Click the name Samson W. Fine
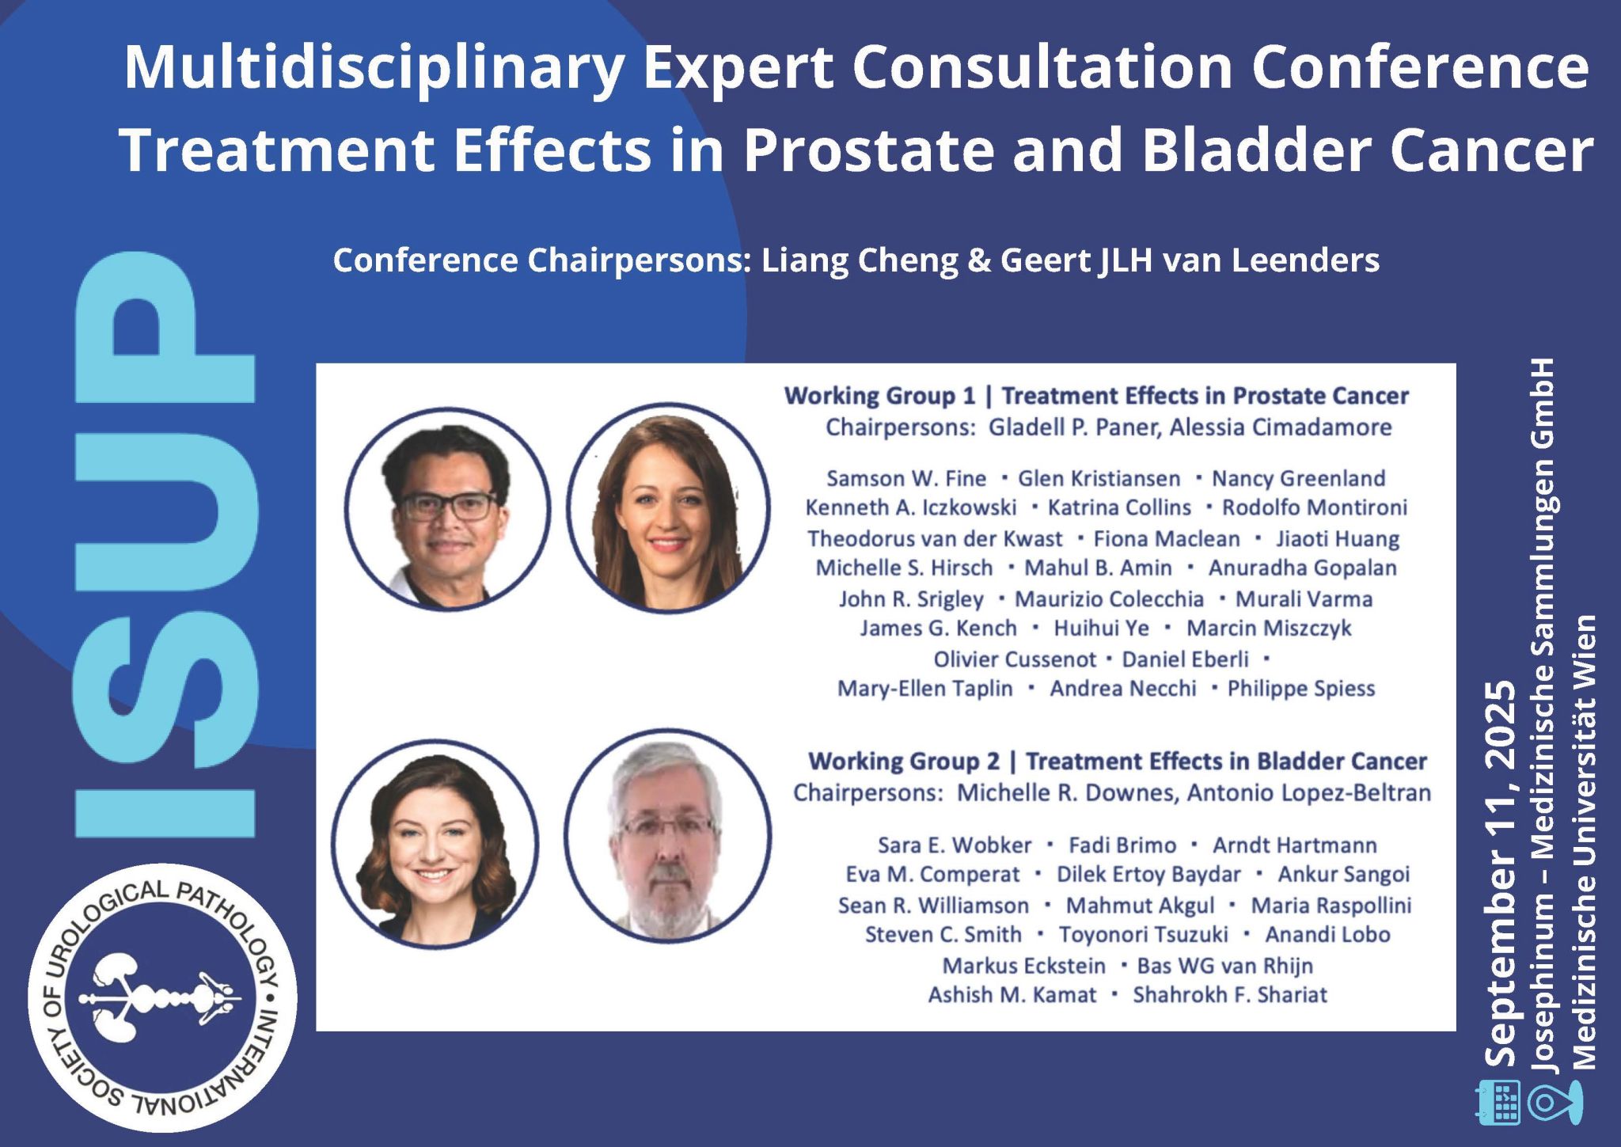tap(906, 479)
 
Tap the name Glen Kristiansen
tap(1099, 479)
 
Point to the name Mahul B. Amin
tap(1098, 568)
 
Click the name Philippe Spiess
tap(1301, 689)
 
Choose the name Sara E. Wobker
tap(955, 845)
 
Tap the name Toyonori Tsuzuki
tap(1144, 935)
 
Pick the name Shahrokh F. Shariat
tap(1230, 995)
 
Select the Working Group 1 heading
tap(1096, 396)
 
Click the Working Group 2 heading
tap(1117, 762)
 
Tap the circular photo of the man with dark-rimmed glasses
tap(448, 507)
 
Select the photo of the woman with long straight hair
tap(668, 507)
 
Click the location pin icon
tap(1555, 1103)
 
